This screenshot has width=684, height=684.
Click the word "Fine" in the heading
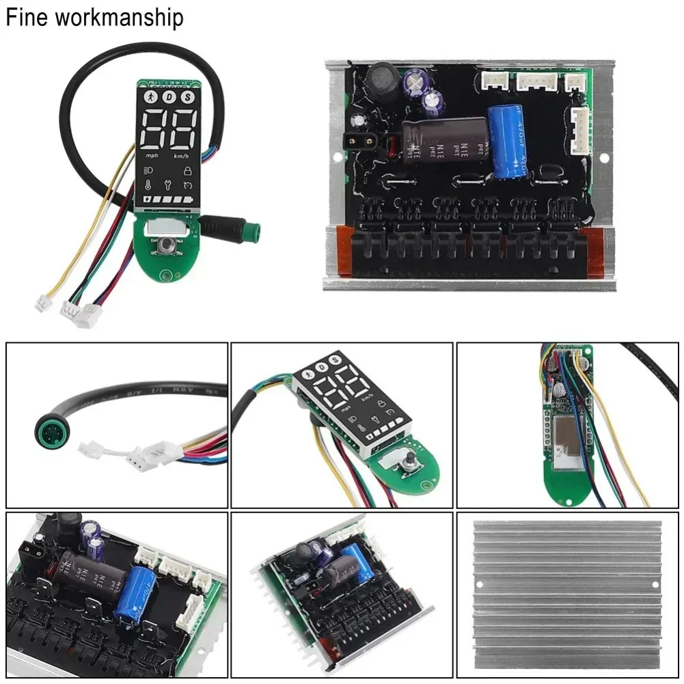[x=27, y=17]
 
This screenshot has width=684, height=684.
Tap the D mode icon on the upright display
[x=169, y=98]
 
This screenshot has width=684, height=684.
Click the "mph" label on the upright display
[x=151, y=156]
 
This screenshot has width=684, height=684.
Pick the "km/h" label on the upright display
[x=181, y=156]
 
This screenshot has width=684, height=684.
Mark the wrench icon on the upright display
[x=169, y=184]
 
